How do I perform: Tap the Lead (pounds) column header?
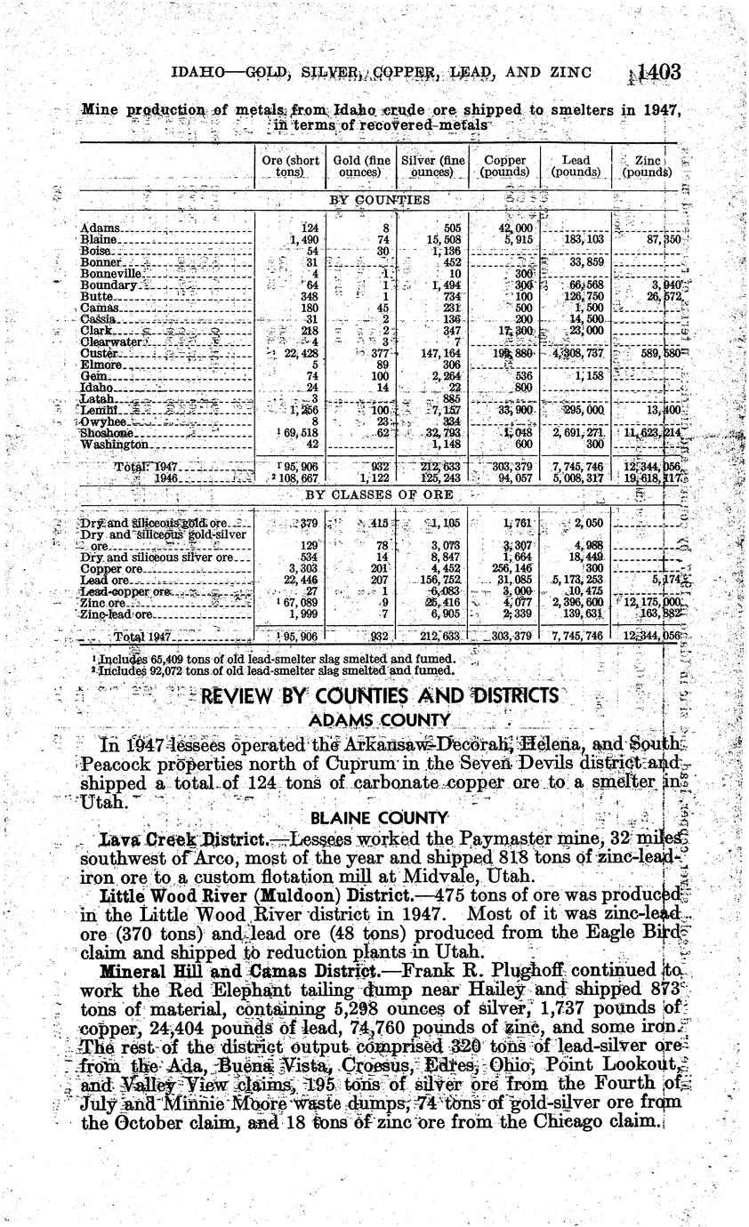click(x=576, y=166)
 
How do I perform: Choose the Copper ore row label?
click(x=111, y=567)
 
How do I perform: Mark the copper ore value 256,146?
click(x=511, y=567)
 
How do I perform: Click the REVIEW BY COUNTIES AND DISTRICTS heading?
click(x=380, y=695)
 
